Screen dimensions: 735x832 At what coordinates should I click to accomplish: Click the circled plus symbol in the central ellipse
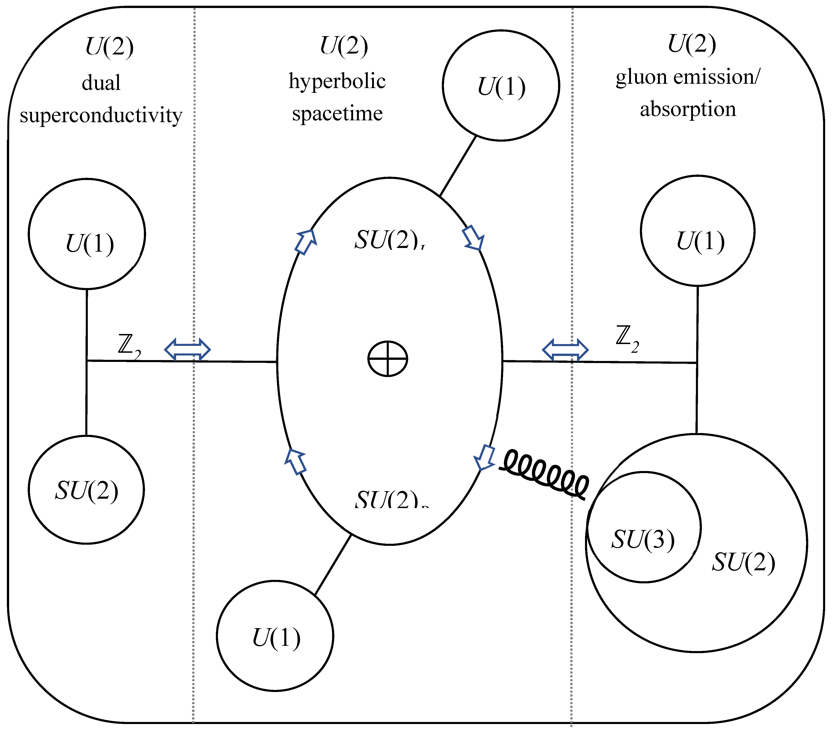pyautogui.click(x=387, y=359)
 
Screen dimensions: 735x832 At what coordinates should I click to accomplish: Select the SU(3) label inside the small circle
pyautogui.click(x=643, y=540)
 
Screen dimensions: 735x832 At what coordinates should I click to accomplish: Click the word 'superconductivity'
pyautogui.click(x=101, y=116)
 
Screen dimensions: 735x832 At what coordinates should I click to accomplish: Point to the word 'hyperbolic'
pyautogui.click(x=337, y=81)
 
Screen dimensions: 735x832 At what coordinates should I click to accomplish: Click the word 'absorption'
pyautogui.click(x=688, y=109)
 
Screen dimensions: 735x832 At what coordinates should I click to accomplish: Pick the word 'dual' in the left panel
pyautogui.click(x=101, y=83)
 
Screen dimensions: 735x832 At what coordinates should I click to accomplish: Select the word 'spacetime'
pyautogui.click(x=337, y=114)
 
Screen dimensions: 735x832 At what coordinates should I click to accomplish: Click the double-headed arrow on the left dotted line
pyautogui.click(x=187, y=349)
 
